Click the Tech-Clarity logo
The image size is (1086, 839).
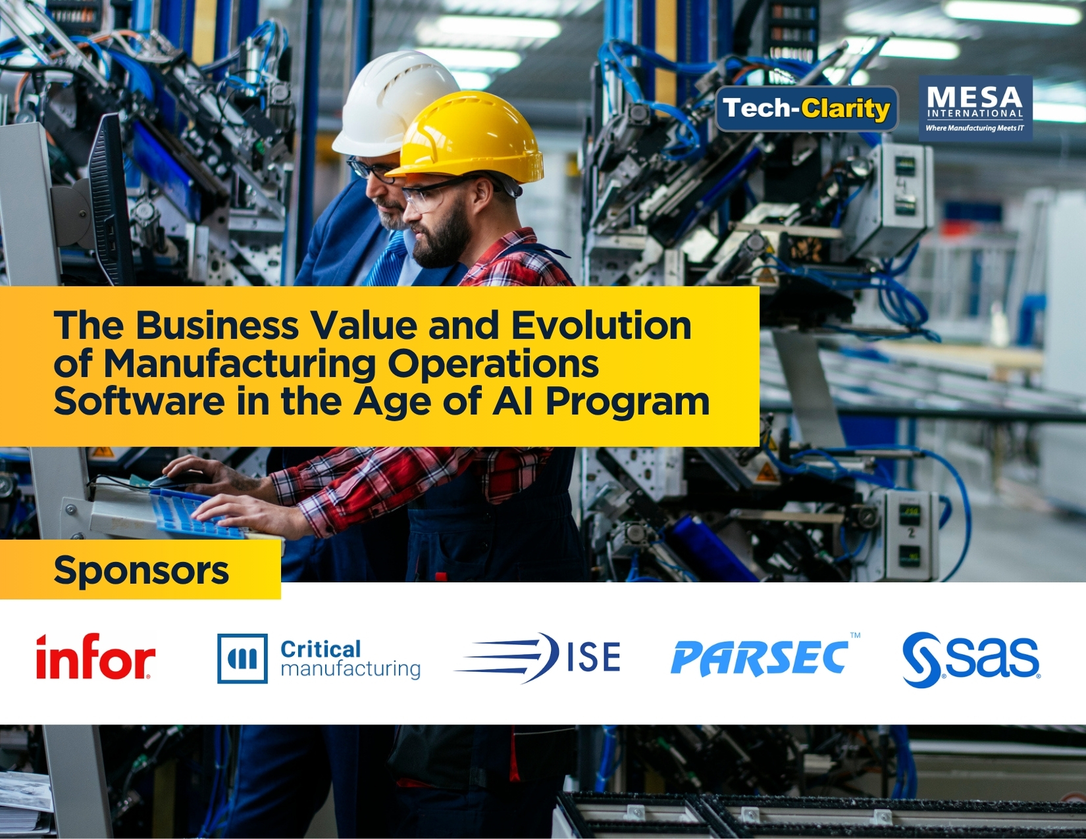pyautogui.click(x=807, y=109)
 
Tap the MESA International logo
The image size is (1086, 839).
pyautogui.click(x=975, y=109)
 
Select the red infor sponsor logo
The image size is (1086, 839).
pyautogui.click(x=95, y=656)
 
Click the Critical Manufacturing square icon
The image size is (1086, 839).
pyautogui.click(x=242, y=658)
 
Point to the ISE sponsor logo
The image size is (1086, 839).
pyautogui.click(x=538, y=657)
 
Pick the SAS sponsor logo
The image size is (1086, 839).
pyautogui.click(x=971, y=659)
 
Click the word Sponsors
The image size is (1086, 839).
pyautogui.click(x=142, y=570)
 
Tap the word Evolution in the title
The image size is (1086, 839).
pyautogui.click(x=601, y=325)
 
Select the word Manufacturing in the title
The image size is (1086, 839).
pyautogui.click(x=240, y=365)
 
